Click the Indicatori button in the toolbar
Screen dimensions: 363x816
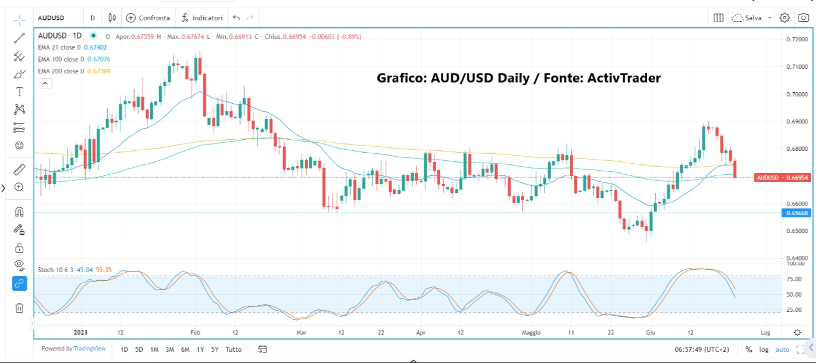[x=202, y=18]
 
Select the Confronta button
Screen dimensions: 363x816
[x=149, y=18]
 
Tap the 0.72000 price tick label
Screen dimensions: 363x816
[x=797, y=39]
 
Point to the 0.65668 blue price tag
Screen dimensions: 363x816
[x=796, y=213]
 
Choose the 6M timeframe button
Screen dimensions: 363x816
[x=185, y=350]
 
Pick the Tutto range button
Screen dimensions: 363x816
[x=234, y=350]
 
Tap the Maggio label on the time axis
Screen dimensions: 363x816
[x=531, y=333]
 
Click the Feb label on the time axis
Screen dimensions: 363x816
[x=195, y=333]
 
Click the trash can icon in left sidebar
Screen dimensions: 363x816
[x=19, y=308]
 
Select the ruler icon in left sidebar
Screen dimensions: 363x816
[x=19, y=170]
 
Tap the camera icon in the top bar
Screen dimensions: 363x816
[x=804, y=18]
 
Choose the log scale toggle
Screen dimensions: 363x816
[x=764, y=350]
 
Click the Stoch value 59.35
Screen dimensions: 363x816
[x=104, y=270]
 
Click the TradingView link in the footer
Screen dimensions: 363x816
[x=89, y=349]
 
